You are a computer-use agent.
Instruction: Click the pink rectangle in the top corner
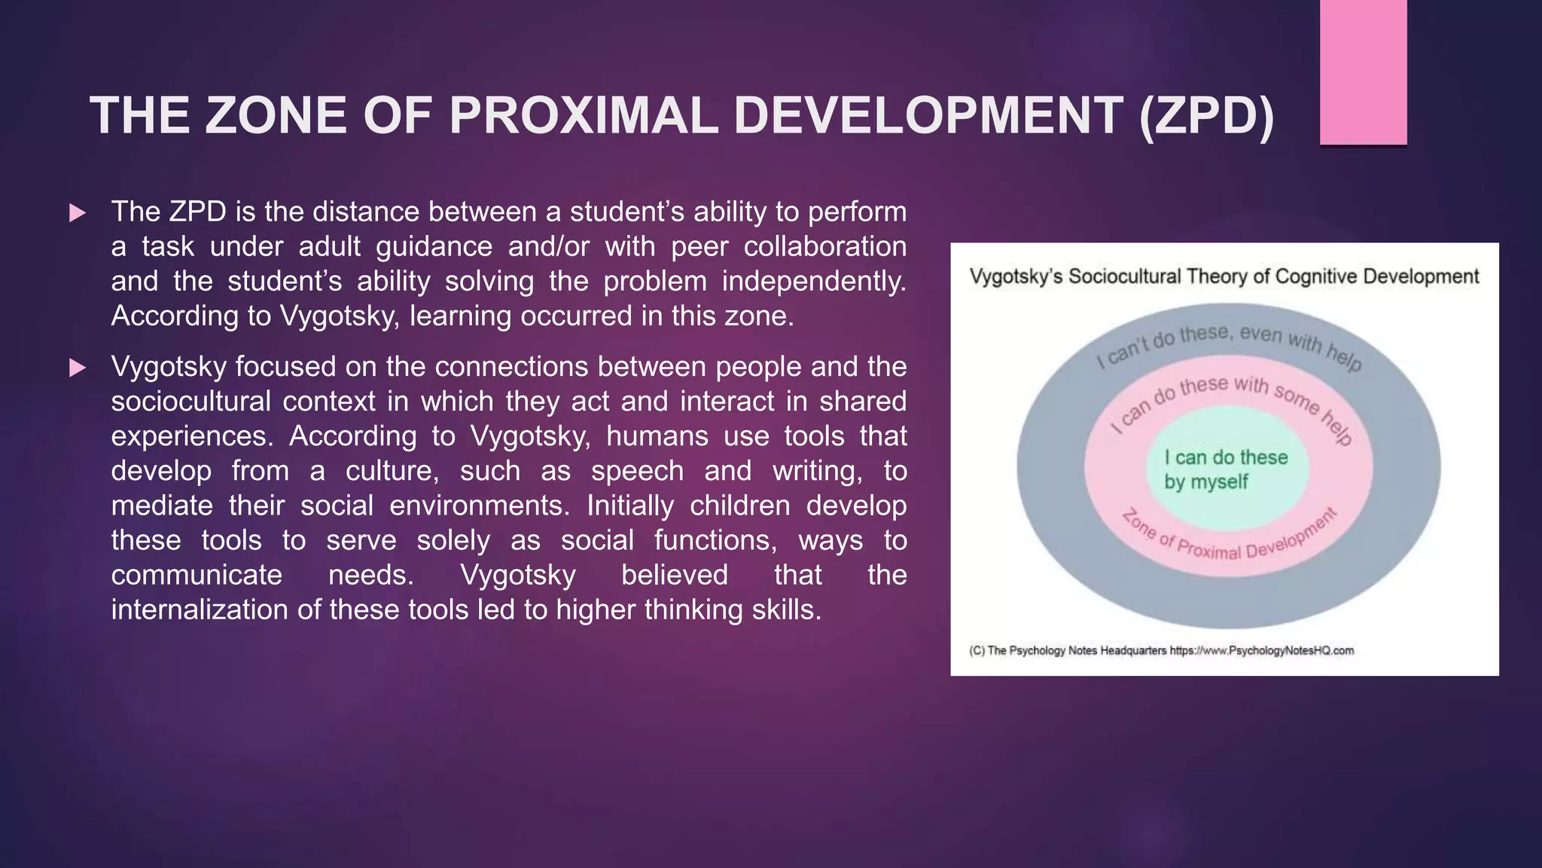pyautogui.click(x=1363, y=72)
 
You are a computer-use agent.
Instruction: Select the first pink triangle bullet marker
pyautogui.click(x=77, y=213)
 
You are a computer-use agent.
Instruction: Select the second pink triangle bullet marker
pyautogui.click(x=77, y=368)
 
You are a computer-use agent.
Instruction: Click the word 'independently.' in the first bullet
pyautogui.click(x=813, y=281)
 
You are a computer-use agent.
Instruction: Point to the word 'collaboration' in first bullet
pyautogui.click(x=824, y=246)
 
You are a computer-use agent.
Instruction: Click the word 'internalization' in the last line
pyautogui.click(x=200, y=610)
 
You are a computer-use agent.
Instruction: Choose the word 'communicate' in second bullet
pyautogui.click(x=197, y=575)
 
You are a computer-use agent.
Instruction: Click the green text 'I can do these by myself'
pyautogui.click(x=1225, y=469)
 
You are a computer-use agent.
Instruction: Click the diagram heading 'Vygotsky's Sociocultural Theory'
pyautogui.click(x=1223, y=277)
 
